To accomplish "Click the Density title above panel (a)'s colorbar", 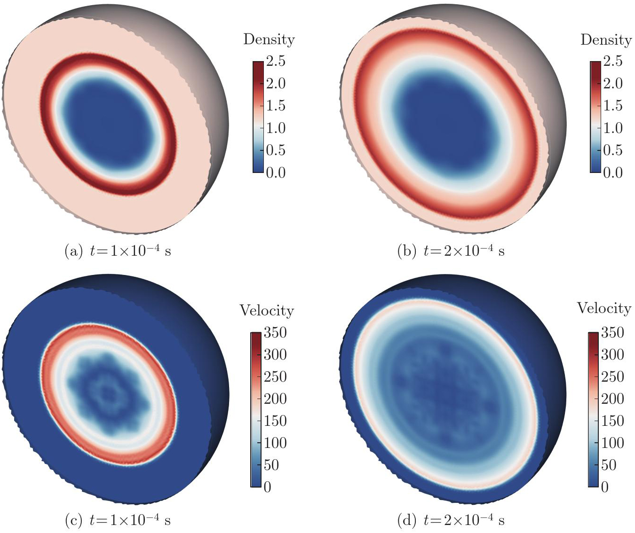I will coord(269,39).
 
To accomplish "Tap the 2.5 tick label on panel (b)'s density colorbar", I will coord(613,61).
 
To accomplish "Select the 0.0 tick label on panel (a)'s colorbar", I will coord(276,172).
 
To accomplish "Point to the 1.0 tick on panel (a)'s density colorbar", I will coord(276,128).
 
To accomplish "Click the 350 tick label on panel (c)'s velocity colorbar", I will coord(275,332).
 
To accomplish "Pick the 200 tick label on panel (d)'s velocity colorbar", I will coord(612,399).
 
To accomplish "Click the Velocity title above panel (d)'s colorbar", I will coord(604,308).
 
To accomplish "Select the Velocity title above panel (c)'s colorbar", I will coord(267,310).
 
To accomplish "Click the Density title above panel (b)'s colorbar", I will coord(606,39).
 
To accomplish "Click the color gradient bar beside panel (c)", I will coord(256,409).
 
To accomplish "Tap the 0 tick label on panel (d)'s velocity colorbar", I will coord(604,487).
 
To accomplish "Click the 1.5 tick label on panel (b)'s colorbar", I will coord(613,106).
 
